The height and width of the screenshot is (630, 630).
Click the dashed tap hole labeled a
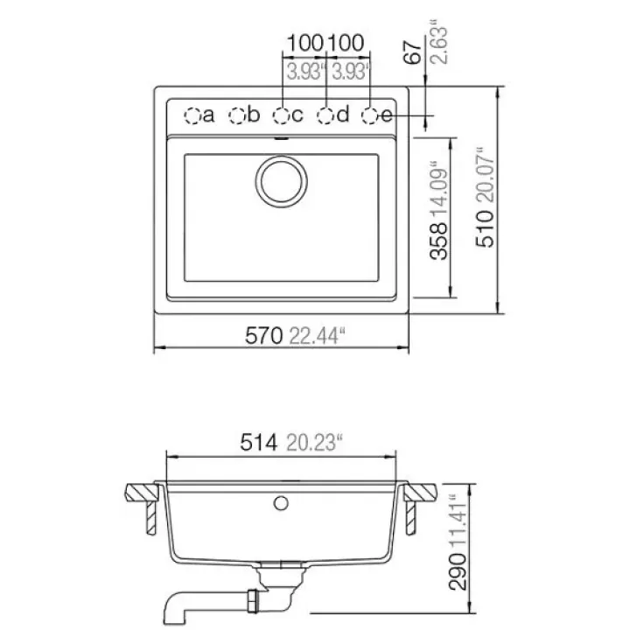tap(192, 116)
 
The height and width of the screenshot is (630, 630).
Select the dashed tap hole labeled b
tap(237, 116)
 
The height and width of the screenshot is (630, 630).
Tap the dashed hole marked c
tap(282, 116)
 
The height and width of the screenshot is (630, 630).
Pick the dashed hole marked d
tap(325, 116)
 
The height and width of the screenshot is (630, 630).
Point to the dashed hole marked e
tap(370, 116)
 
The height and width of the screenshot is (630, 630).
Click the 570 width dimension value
tap(264, 336)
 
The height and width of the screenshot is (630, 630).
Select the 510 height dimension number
tap(485, 228)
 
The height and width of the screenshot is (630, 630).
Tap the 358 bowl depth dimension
tap(438, 241)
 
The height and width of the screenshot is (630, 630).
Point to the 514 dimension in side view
tap(259, 443)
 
